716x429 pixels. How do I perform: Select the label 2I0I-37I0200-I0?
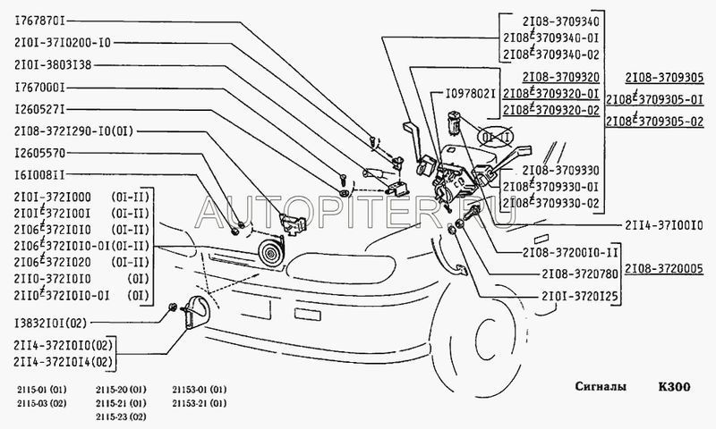(x=62, y=42)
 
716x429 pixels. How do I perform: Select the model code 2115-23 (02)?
(x=124, y=417)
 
